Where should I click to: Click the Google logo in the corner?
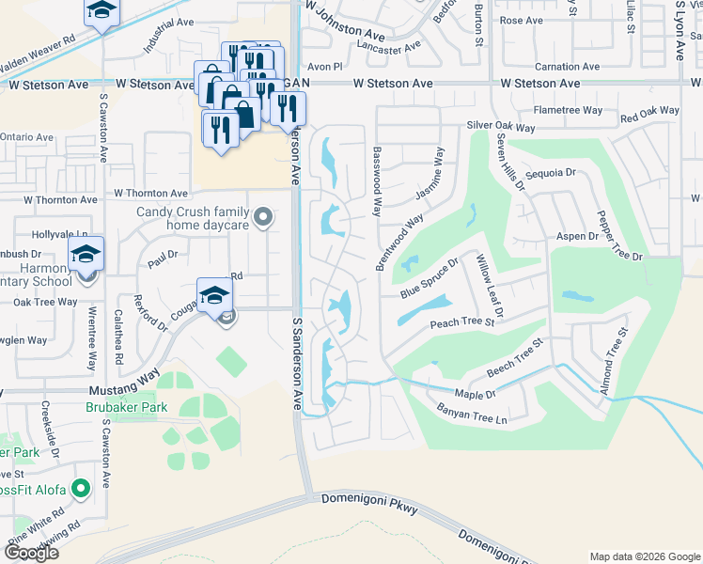[x=30, y=552]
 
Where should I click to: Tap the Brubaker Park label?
[x=126, y=407]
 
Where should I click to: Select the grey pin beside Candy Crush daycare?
[x=264, y=219]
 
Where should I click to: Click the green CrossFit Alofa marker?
[x=82, y=489]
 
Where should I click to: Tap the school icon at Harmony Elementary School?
[x=86, y=255]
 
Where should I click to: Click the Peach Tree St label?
[x=462, y=322]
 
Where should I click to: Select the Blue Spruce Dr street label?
[x=429, y=279]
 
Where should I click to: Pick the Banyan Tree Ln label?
[x=472, y=411]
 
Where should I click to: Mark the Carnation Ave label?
[x=567, y=67]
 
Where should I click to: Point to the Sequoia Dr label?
[x=551, y=173]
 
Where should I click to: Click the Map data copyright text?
[x=644, y=556]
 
